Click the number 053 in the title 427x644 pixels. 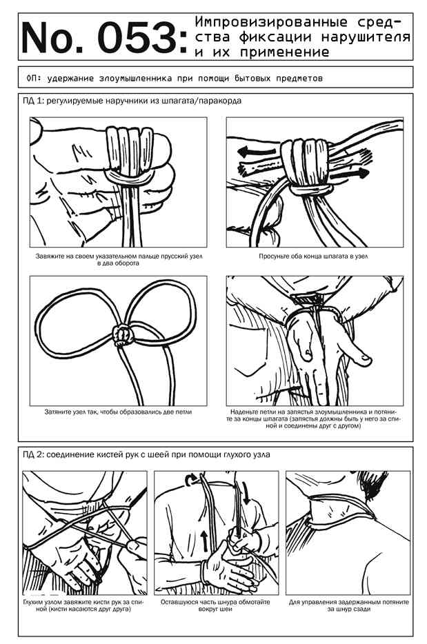coord(139,37)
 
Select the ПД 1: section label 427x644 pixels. coord(34,101)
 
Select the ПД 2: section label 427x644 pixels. coord(34,454)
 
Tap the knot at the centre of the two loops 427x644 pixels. coord(123,334)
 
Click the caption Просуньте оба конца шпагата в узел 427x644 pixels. coord(313,256)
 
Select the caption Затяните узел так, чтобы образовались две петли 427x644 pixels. coord(119,412)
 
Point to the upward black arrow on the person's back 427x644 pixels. coord(205,541)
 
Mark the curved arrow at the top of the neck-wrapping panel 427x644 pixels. coord(190,480)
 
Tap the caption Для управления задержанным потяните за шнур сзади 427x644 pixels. coord(349,605)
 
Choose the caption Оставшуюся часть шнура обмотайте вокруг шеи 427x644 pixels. coord(215,605)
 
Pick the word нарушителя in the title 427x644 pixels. coord(366,37)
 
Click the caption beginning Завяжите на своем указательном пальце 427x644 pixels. coord(119,259)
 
